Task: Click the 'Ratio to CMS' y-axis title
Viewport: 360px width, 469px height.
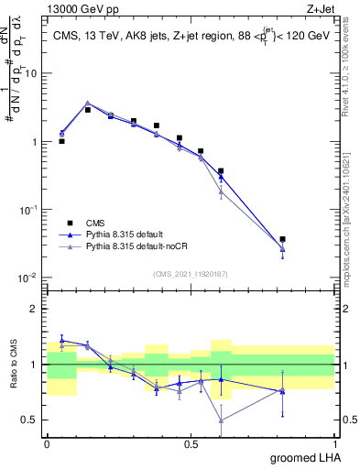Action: [12, 364]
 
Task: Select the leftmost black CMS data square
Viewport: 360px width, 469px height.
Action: [61, 141]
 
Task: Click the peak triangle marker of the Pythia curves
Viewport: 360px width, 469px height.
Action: [87, 104]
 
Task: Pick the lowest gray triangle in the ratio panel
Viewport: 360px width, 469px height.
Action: [221, 420]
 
